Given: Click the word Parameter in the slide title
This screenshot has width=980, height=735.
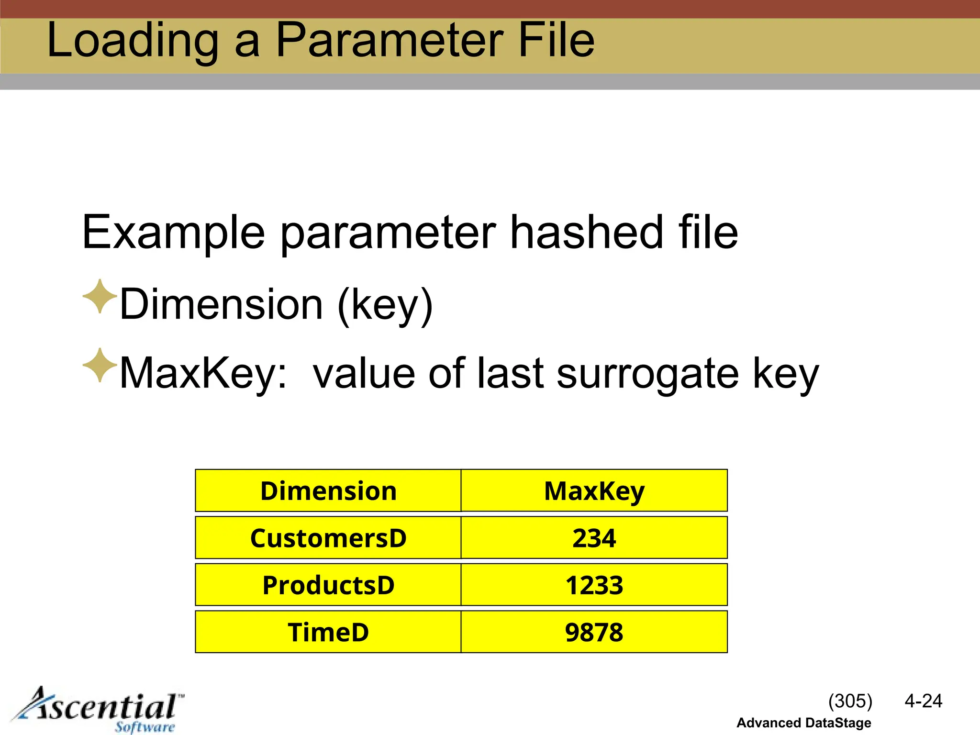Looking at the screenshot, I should (390, 41).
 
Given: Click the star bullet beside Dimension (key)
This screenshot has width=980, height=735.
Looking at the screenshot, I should (100, 297).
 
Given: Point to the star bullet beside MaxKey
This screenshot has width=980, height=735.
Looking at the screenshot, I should (100, 366).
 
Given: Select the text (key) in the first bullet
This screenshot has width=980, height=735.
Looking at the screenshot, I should (385, 305).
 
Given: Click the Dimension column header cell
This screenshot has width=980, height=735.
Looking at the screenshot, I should (328, 491).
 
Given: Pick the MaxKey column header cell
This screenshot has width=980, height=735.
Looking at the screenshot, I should (594, 491).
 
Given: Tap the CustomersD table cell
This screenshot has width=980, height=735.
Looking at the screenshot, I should (328, 538).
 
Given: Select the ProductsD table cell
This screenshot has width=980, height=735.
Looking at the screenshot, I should (328, 585).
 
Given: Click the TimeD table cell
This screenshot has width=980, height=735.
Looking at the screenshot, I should (328, 632).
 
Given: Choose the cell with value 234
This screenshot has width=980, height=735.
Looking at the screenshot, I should (594, 538).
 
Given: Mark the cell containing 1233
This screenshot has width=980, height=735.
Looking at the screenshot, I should (594, 585).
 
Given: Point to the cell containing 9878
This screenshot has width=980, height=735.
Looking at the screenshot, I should (594, 632).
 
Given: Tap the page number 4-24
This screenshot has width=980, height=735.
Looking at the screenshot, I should (923, 701).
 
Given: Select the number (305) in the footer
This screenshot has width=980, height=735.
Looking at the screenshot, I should (850, 701).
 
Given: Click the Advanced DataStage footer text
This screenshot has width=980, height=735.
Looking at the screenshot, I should (803, 723).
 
